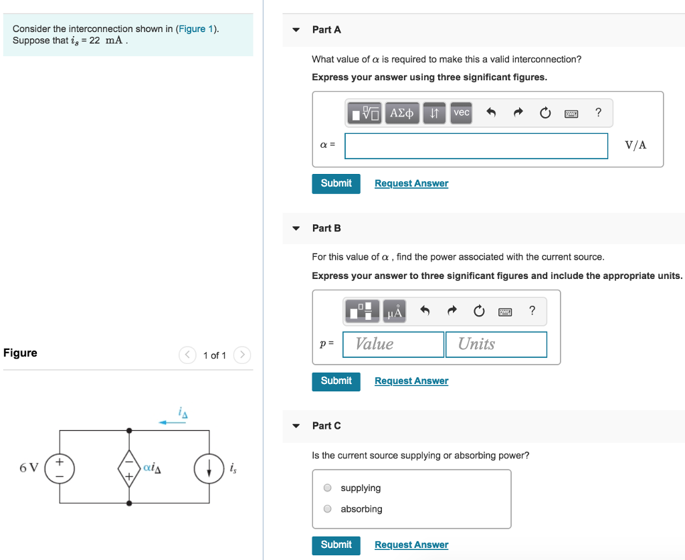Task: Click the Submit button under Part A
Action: click(x=336, y=183)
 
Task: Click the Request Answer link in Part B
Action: click(x=411, y=381)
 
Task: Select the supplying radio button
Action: click(x=328, y=488)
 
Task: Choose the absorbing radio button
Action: click(x=328, y=508)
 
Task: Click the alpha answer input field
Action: click(x=476, y=146)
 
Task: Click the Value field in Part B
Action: click(x=393, y=344)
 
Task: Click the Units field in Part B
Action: click(x=496, y=344)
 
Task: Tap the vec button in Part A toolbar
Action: click(x=462, y=113)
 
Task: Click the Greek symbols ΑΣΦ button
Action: click(x=402, y=113)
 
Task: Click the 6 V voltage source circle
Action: click(x=59, y=467)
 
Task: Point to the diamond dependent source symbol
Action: click(x=129, y=467)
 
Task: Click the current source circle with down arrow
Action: click(x=209, y=468)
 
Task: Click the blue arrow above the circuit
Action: click(x=172, y=422)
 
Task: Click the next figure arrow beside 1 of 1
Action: click(x=243, y=355)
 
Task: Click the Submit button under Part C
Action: click(x=336, y=545)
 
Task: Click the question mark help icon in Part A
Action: click(x=598, y=113)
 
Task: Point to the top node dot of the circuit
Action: click(x=129, y=431)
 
